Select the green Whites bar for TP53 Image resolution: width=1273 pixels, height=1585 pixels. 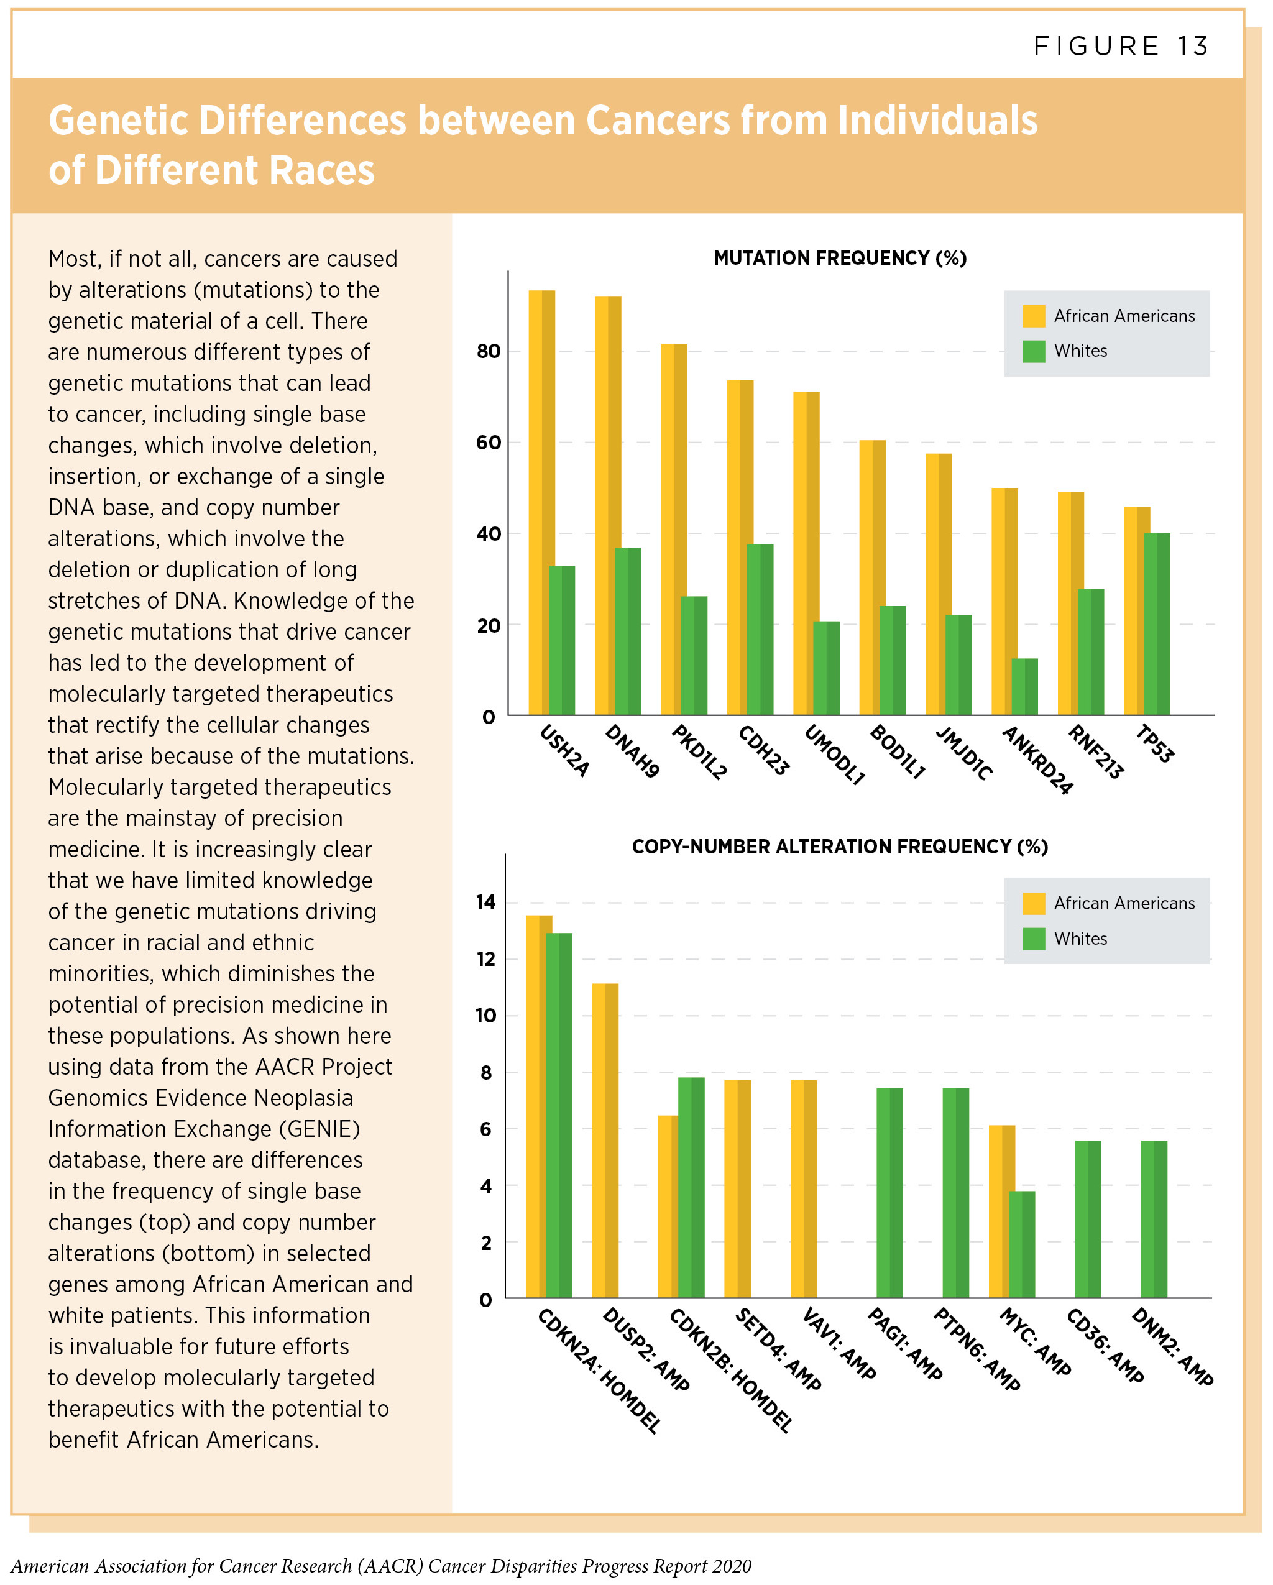[1156, 624]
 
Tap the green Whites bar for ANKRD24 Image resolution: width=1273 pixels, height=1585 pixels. [1024, 687]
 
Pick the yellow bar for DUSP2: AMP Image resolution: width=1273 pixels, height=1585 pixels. [605, 1140]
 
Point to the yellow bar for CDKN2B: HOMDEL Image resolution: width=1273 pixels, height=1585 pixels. [668, 1206]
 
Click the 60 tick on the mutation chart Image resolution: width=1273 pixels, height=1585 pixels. [488, 443]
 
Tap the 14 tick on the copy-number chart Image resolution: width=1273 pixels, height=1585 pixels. [486, 902]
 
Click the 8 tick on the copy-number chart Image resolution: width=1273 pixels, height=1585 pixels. [486, 1073]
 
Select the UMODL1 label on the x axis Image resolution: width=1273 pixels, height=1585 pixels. [835, 754]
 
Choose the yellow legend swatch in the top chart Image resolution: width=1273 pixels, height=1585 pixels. [1034, 316]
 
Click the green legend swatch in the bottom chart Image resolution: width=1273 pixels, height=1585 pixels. [1034, 939]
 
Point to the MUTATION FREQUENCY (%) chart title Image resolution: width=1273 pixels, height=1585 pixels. [839, 258]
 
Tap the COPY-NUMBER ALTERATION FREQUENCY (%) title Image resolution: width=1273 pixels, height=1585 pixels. [839, 847]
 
